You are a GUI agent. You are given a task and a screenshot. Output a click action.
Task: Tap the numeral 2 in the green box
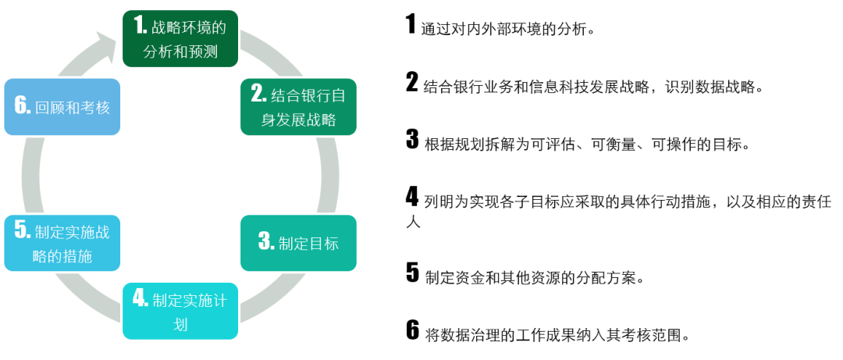258,94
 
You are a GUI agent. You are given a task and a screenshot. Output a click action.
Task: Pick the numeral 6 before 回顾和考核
22,106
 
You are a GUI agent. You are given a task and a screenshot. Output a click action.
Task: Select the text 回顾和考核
73,108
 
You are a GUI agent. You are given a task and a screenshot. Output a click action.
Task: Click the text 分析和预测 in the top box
180,53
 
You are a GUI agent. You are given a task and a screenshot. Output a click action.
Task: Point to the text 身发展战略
298,120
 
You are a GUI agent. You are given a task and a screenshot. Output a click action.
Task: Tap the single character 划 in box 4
180,324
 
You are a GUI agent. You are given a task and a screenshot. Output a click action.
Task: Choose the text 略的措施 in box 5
62,256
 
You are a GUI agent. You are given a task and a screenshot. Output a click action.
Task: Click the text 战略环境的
189,28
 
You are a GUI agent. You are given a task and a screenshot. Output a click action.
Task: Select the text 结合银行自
308,95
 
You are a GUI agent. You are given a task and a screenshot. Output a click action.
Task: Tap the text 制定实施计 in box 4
190,299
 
